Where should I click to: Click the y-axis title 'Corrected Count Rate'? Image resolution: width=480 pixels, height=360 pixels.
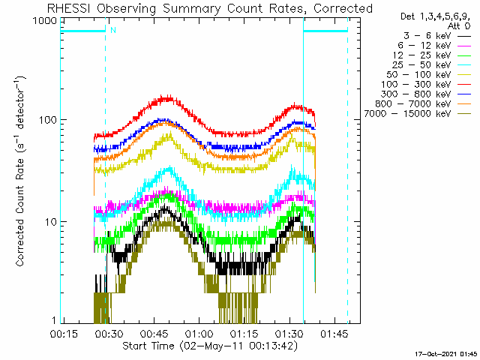(x=22, y=171)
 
